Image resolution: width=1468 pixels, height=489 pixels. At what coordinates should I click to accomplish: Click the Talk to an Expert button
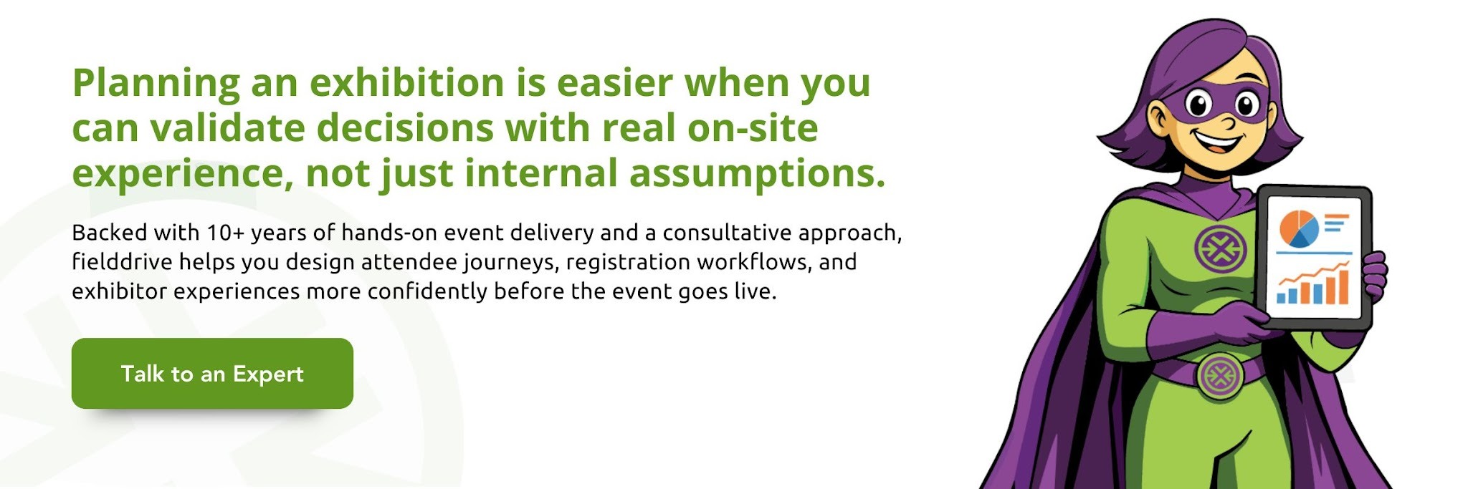pyautogui.click(x=212, y=374)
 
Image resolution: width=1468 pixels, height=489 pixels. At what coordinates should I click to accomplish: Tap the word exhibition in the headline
pyautogui.click(x=407, y=83)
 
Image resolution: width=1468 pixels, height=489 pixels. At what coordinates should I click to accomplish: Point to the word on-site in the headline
pyautogui.click(x=753, y=128)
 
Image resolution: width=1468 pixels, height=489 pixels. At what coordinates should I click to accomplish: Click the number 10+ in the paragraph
pyautogui.click(x=225, y=233)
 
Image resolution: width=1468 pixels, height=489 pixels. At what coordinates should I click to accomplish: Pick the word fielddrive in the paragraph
pyautogui.click(x=122, y=262)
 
